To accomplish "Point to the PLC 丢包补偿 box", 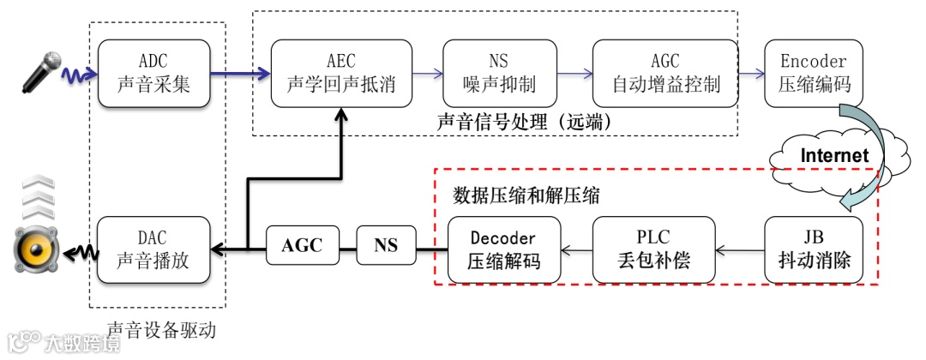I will pos(653,249).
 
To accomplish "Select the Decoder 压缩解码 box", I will pos(504,249).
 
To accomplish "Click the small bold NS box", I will pos(386,246).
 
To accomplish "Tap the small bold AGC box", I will pos(302,246).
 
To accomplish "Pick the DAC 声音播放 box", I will pos(154,249).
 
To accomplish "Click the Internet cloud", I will pos(833,156).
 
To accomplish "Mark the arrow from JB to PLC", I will pos(739,250).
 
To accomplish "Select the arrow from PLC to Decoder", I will pos(576,250).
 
